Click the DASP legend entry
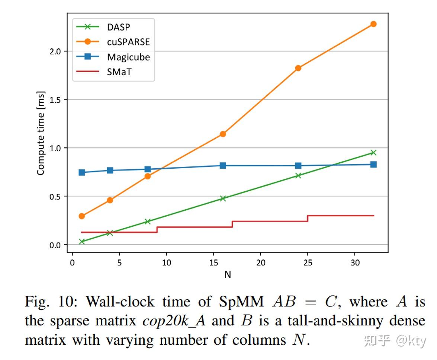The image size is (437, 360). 112,26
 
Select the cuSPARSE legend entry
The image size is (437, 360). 112,42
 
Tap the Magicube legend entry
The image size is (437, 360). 112,57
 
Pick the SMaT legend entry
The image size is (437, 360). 112,72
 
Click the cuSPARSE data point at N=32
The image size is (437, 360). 373,24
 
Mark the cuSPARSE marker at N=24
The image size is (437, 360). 298,68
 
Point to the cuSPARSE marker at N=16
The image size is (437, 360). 223,134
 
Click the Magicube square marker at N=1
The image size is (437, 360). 82,172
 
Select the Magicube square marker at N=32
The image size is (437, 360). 373,165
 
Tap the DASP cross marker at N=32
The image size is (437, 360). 373,153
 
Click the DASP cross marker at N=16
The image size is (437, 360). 223,198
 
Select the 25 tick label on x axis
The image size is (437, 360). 308,262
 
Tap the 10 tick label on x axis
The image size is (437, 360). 167,262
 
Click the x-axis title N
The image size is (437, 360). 228,275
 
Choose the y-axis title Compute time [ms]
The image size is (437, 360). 41,133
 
